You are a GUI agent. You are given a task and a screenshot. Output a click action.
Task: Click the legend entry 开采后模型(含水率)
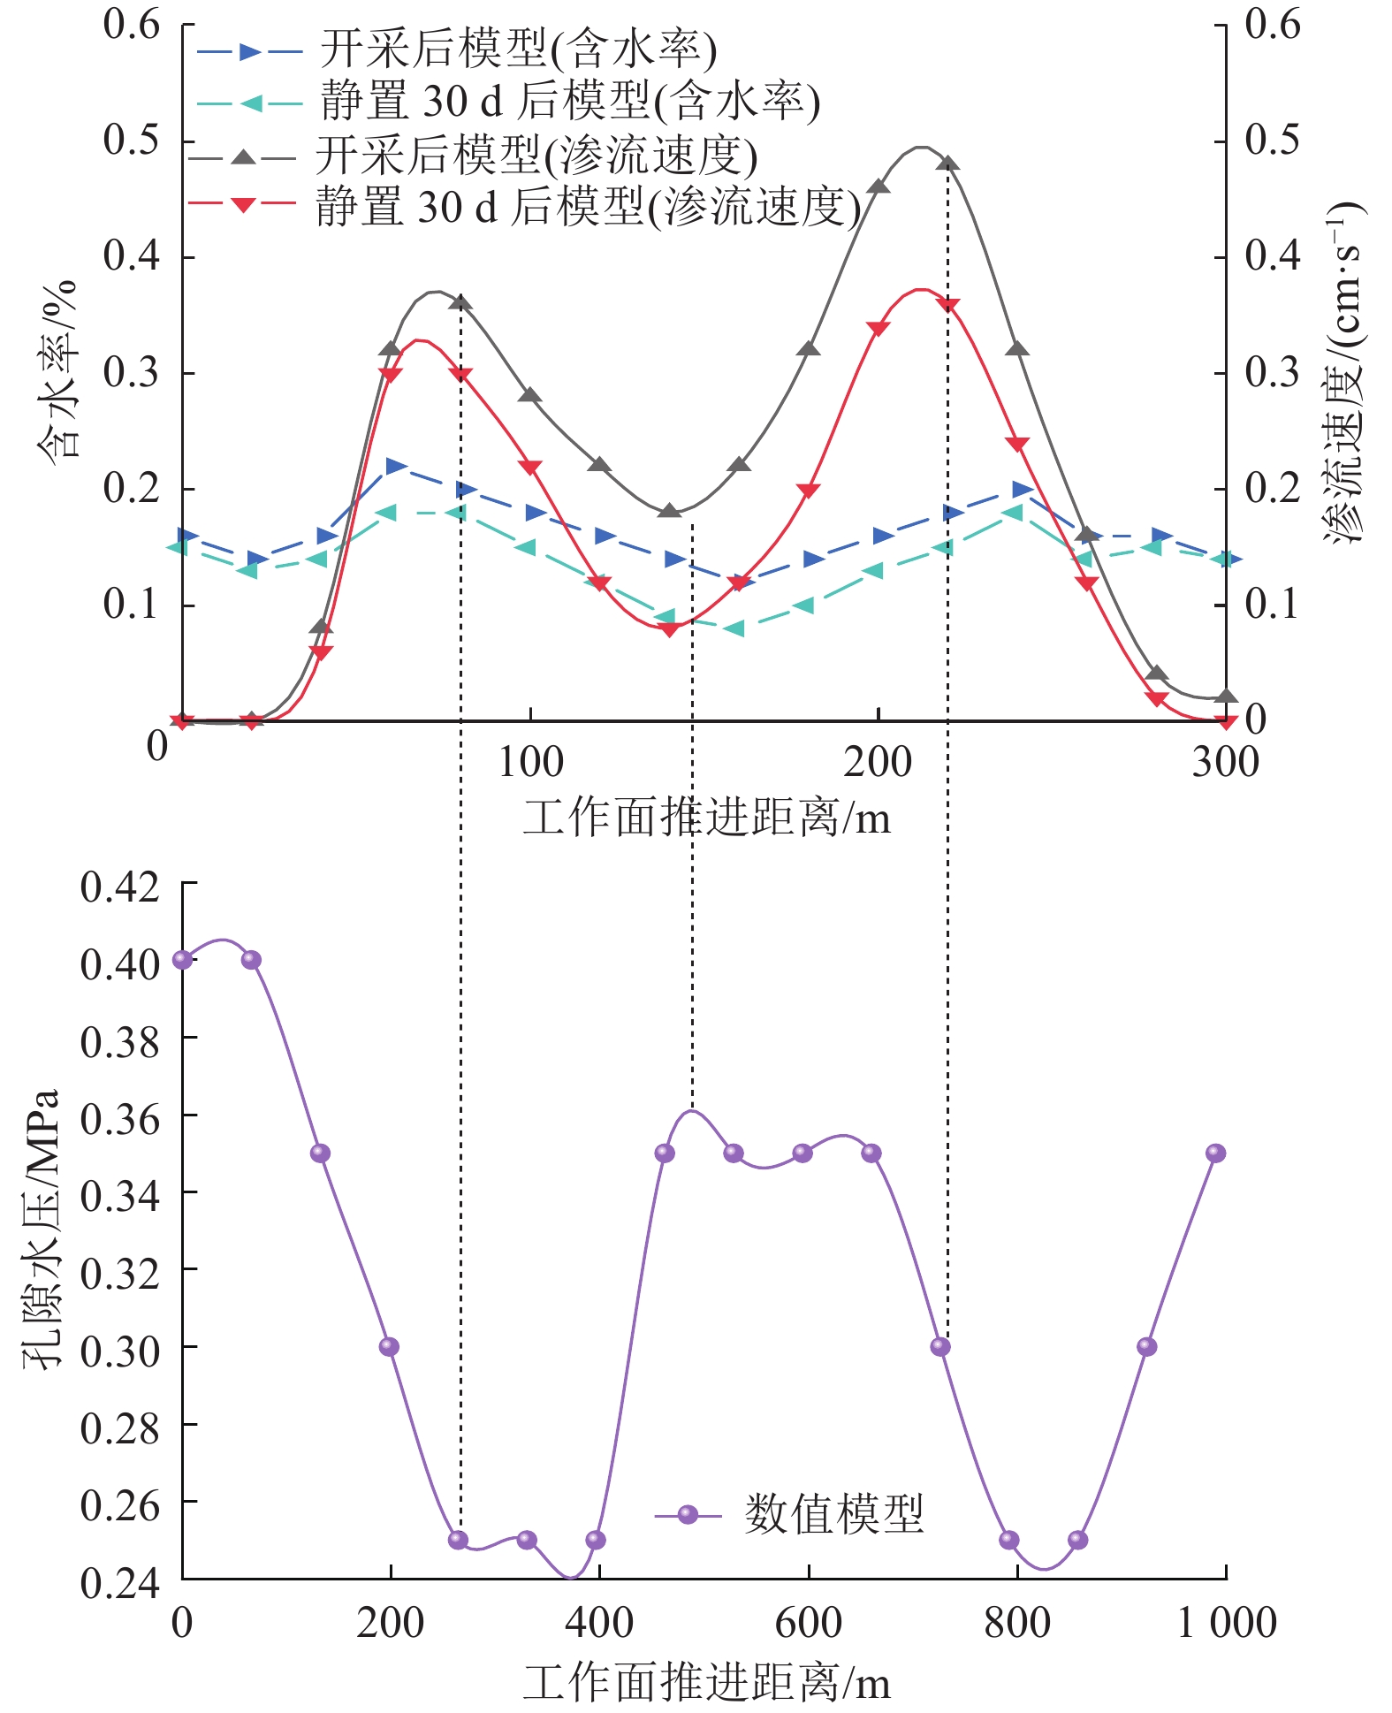(518, 50)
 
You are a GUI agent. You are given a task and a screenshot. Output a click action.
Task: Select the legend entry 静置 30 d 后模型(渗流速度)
(588, 207)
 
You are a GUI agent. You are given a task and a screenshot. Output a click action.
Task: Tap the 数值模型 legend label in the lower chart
(833, 1513)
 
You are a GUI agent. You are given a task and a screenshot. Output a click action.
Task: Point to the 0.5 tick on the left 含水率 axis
(132, 141)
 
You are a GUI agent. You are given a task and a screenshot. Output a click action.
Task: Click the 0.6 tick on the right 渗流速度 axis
(1272, 25)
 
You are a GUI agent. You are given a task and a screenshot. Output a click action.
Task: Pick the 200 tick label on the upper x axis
(877, 762)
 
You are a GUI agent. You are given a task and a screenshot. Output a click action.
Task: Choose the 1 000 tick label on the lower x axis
(1226, 1623)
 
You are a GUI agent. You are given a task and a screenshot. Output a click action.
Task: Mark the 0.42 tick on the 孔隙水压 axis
(120, 887)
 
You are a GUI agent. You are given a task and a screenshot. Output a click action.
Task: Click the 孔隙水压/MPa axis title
(41, 1229)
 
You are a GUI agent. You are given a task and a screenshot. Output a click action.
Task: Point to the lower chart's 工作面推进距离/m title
(706, 1681)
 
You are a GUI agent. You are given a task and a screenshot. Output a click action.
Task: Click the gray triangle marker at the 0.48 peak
(948, 164)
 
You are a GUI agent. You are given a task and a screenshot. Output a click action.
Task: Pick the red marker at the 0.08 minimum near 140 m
(670, 629)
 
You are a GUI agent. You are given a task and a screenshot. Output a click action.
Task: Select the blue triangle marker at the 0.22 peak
(396, 466)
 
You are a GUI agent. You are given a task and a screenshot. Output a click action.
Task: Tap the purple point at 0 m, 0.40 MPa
(182, 960)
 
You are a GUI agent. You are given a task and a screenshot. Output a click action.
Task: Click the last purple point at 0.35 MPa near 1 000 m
(1216, 1153)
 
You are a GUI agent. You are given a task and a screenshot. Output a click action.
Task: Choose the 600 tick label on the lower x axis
(808, 1623)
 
